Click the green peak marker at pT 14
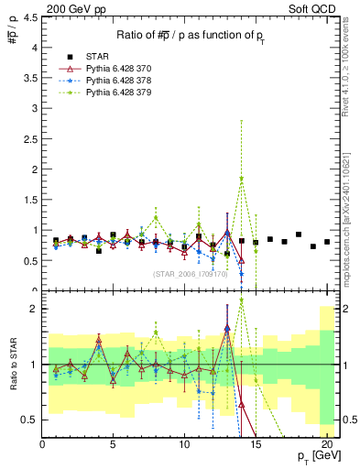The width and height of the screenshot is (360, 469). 242,179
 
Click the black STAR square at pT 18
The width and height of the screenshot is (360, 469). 299,234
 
